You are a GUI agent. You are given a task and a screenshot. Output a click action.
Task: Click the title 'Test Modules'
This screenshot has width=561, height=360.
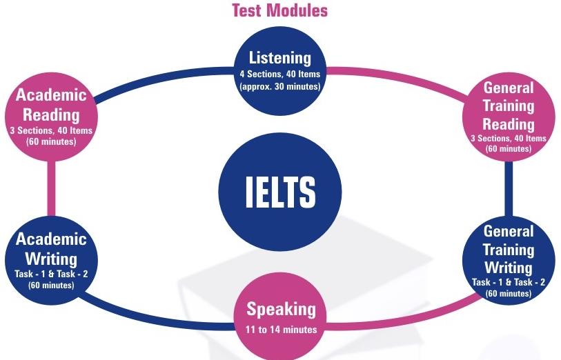(x=279, y=10)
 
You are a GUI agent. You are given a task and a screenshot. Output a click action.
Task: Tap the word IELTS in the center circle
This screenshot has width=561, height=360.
(x=280, y=192)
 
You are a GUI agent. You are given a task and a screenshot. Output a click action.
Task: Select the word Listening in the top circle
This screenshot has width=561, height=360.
(x=279, y=58)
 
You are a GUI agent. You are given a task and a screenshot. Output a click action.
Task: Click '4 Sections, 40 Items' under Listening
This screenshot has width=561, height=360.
(x=279, y=74)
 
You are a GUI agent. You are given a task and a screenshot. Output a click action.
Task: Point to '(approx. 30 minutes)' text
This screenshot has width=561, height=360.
(x=279, y=86)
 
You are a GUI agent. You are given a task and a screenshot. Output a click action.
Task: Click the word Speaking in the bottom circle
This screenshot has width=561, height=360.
(x=282, y=310)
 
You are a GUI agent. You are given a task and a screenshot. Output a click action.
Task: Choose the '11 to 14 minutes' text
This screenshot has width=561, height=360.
(x=282, y=329)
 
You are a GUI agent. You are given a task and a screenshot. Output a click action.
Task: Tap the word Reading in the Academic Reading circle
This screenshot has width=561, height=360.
(x=51, y=115)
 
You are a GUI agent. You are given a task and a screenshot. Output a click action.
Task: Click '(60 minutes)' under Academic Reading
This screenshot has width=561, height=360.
(x=51, y=141)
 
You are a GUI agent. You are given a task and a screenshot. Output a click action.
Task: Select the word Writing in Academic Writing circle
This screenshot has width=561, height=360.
(x=51, y=259)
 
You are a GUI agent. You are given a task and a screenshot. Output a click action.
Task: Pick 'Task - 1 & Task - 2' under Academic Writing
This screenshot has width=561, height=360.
(x=51, y=274)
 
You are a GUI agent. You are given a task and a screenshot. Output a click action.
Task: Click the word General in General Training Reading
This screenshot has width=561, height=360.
(x=509, y=88)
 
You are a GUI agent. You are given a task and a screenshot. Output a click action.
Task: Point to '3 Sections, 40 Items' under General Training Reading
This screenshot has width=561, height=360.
(x=509, y=139)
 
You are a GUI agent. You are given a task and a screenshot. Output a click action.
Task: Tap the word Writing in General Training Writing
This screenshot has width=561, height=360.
(x=509, y=267)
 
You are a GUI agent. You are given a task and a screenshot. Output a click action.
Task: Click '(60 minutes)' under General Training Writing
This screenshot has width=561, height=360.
(x=509, y=294)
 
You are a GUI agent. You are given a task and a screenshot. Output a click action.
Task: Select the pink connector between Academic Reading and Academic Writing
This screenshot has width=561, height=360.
(x=52, y=188)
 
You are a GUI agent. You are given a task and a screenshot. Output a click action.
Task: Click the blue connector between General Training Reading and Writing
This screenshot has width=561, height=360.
(x=509, y=189)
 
